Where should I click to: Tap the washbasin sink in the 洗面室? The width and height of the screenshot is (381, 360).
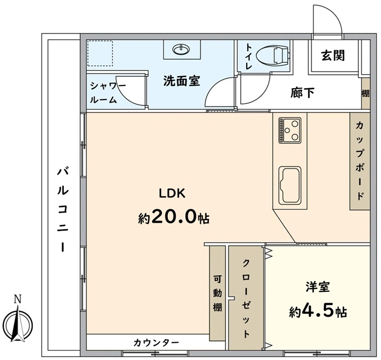pyautogui.click(x=181, y=50)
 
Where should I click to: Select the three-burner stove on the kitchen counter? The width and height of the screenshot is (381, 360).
pyautogui.click(x=290, y=131)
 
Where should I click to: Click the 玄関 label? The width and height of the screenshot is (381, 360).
pyautogui.click(x=333, y=55)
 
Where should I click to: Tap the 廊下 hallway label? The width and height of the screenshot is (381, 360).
pyautogui.click(x=303, y=92)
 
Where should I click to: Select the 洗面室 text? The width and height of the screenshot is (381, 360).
pyautogui.click(x=181, y=81)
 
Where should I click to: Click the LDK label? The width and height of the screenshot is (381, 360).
pyautogui.click(x=172, y=194)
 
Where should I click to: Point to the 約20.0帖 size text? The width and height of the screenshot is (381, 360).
pyautogui.click(x=174, y=217)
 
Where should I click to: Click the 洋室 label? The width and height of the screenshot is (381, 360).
pyautogui.click(x=318, y=287)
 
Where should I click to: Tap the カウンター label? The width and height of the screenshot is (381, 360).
pyautogui.click(x=156, y=343)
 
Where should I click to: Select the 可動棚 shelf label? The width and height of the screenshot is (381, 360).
pyautogui.click(x=218, y=294)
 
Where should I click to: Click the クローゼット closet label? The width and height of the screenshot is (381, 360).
pyautogui.click(x=246, y=299)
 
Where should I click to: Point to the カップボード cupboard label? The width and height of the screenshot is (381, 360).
pyautogui.click(x=360, y=161)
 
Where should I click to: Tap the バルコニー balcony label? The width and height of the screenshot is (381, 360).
pyautogui.click(x=62, y=210)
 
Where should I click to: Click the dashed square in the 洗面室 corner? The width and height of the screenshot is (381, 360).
pyautogui.click(x=100, y=53)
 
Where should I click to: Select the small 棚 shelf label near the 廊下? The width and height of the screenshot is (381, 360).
pyautogui.click(x=366, y=93)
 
